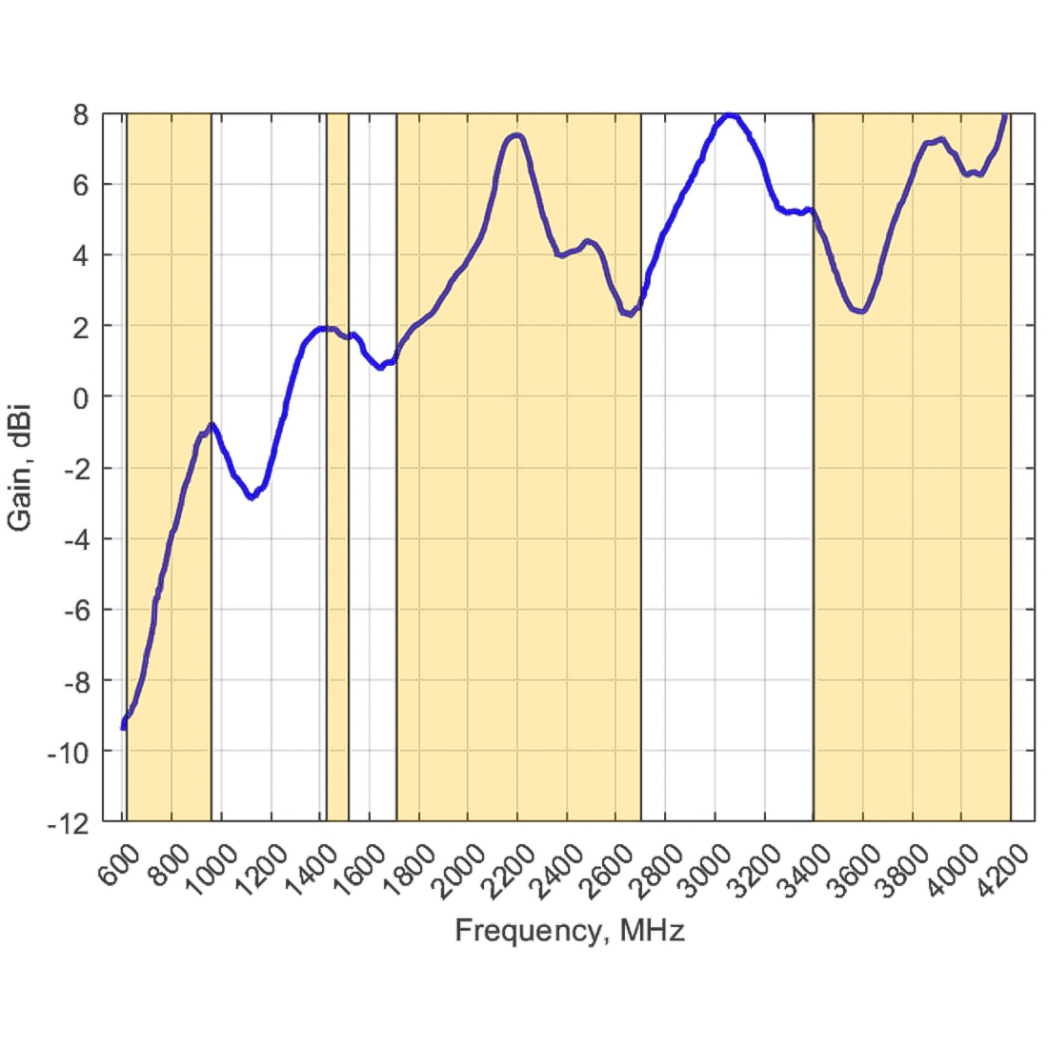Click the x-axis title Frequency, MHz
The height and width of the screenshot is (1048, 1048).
click(570, 931)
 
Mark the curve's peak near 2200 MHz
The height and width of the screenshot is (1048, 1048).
click(516, 135)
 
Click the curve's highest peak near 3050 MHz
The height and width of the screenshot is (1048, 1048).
click(730, 115)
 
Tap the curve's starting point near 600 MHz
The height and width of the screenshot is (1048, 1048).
click(123, 727)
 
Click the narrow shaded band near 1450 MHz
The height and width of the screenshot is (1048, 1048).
click(337, 572)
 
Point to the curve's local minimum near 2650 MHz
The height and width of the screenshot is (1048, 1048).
click(629, 313)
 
